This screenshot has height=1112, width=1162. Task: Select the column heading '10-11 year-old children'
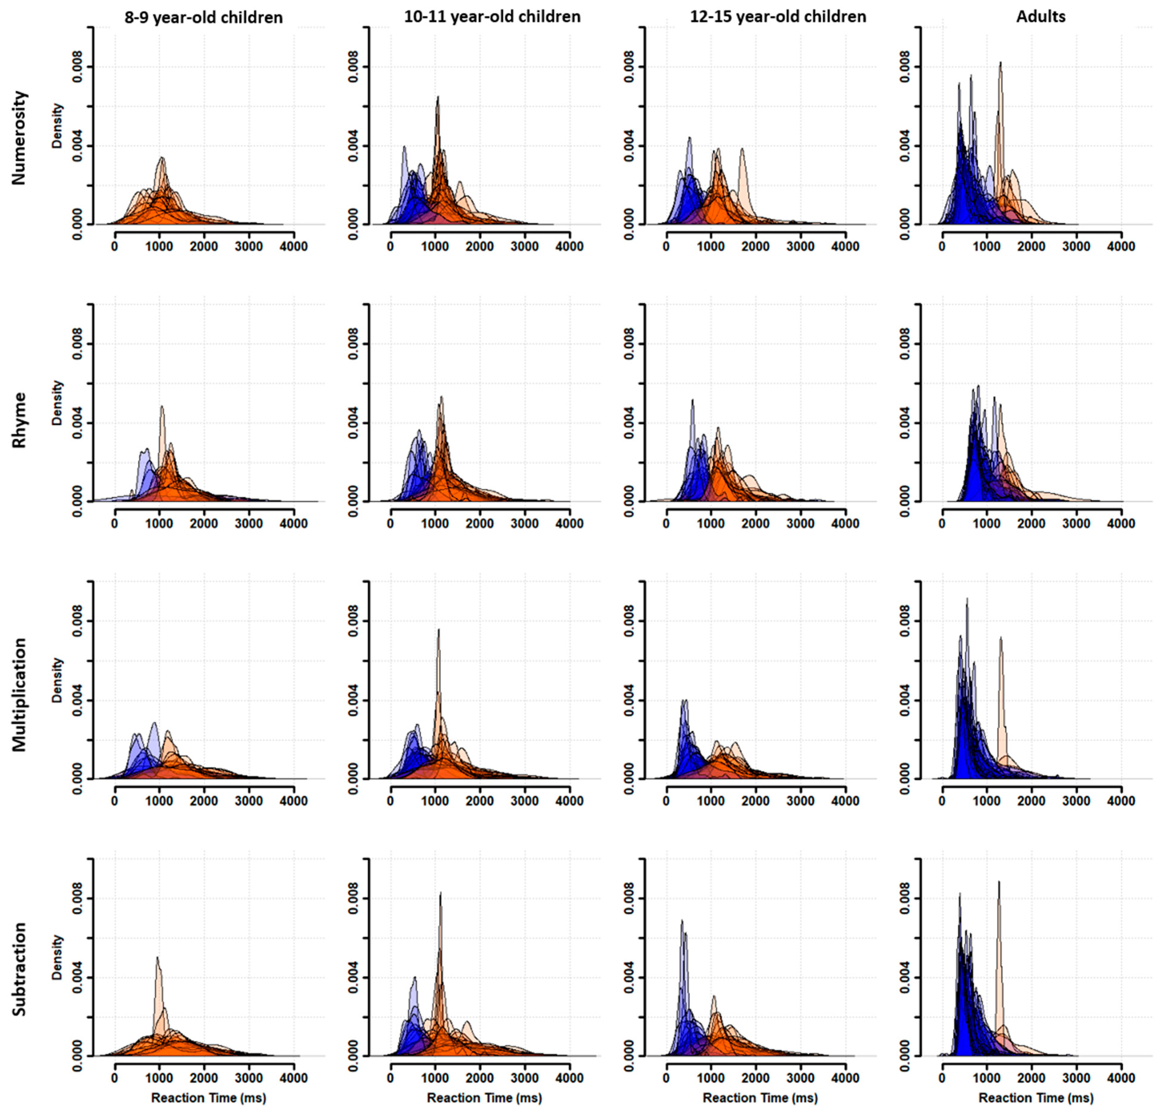coord(492,17)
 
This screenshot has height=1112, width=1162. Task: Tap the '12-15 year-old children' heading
coord(778,17)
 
